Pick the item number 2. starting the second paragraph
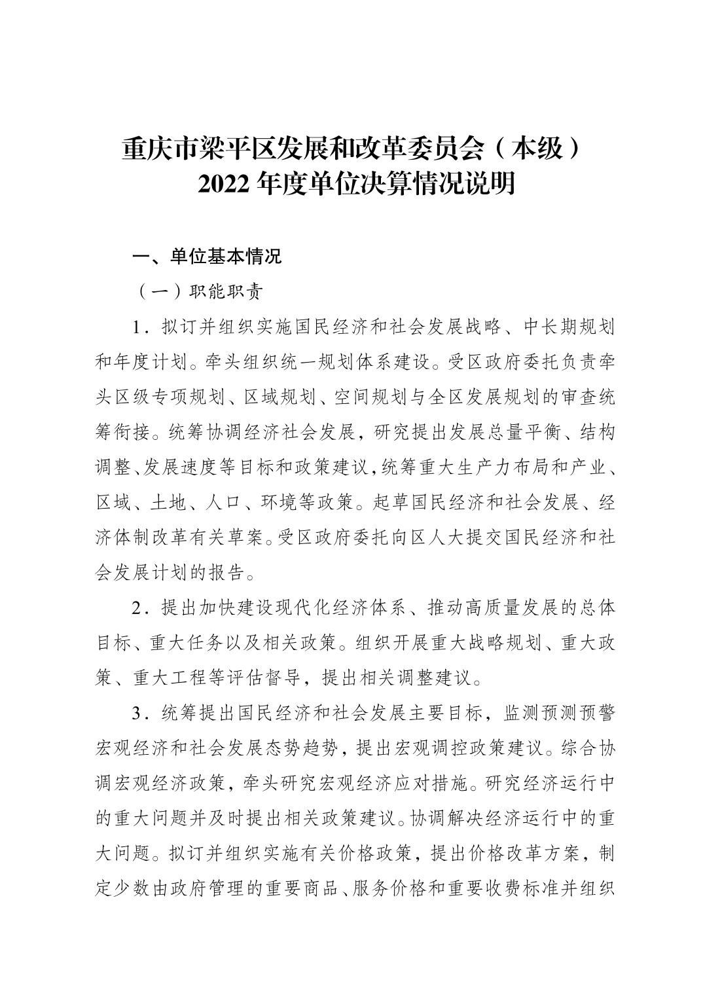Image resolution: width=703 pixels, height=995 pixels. tap(137, 608)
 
